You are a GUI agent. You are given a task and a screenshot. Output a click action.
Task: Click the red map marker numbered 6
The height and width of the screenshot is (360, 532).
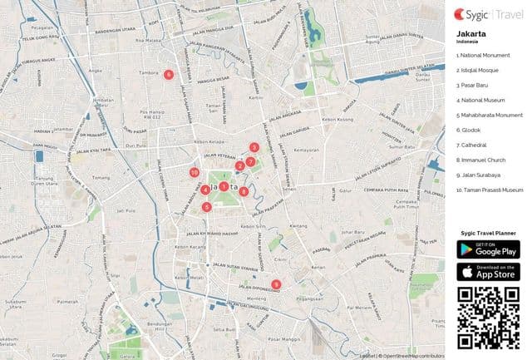tap(169, 74)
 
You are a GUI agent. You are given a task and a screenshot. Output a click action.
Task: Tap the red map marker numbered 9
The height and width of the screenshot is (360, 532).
tap(276, 284)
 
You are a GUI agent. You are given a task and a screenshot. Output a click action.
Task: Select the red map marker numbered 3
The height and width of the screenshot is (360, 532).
tap(254, 148)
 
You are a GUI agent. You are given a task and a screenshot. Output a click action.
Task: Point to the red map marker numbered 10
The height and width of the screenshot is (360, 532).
tap(194, 173)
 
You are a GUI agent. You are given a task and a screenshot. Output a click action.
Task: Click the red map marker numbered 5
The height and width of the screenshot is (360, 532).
tap(206, 207)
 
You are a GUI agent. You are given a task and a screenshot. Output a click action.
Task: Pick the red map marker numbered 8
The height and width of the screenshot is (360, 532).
tap(244, 191)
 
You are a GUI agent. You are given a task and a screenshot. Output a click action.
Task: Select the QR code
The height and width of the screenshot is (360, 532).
tap(488, 317)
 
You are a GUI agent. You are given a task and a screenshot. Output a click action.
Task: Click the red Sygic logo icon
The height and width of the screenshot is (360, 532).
tap(461, 13)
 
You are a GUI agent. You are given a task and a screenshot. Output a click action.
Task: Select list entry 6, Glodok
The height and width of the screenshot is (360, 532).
tap(465, 131)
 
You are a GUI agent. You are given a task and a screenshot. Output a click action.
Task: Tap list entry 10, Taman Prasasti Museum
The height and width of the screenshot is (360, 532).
tap(490, 190)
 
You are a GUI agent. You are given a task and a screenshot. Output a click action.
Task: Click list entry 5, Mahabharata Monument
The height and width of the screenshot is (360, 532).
tap(488, 116)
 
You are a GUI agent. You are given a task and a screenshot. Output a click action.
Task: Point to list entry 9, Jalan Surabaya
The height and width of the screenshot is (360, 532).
tap(478, 175)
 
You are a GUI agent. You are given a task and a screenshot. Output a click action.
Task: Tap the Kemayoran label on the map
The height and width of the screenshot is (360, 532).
tap(306, 150)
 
